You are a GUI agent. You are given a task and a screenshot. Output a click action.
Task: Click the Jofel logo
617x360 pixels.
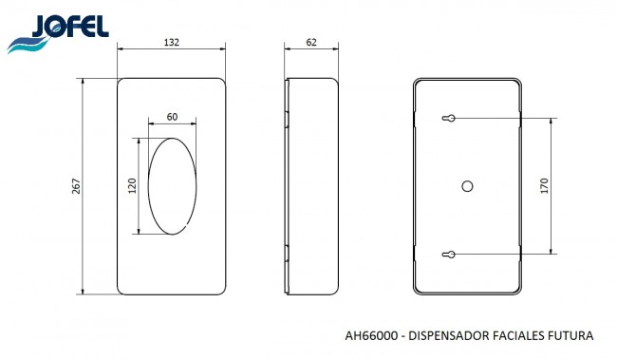coord(58,34)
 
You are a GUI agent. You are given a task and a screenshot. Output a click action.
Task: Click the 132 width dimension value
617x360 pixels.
coord(172,42)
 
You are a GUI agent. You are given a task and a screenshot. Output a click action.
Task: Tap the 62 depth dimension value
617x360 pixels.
coord(311,42)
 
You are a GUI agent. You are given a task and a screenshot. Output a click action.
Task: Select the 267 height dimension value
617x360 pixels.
coord(76,186)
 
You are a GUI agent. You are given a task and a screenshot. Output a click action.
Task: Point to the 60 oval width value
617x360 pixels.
coord(172,117)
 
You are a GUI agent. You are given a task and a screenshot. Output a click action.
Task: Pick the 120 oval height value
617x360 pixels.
coord(132,186)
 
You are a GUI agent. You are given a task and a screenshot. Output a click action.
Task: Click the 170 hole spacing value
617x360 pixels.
coord(544,186)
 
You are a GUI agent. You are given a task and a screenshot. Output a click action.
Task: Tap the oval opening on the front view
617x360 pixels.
coord(148,186)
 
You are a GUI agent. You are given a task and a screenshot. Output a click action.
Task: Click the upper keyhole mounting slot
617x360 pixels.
coord(449,118)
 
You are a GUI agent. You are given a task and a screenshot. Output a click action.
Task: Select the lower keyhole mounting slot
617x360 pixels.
coord(449,255)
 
